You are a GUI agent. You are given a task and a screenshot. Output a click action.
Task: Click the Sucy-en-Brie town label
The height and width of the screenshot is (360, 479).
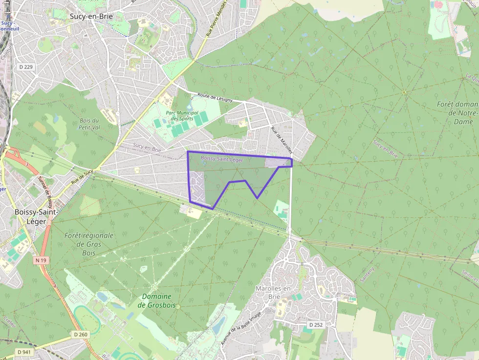[91, 16]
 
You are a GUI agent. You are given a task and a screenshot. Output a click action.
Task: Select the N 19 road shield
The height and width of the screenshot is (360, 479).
[41, 260]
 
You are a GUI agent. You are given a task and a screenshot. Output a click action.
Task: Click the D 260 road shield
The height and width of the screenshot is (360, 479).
[81, 335]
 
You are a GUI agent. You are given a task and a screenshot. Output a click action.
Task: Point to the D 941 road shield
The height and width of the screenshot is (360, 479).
[24, 352]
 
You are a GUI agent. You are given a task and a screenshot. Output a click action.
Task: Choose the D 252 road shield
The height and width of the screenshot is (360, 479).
[316, 324]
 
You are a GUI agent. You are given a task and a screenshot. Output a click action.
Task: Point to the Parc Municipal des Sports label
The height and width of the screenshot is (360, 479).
[182, 116]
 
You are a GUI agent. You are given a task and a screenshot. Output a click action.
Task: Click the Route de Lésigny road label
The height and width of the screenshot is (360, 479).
[215, 97]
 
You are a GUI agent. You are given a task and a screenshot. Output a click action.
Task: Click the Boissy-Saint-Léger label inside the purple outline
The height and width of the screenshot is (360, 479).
[221, 159]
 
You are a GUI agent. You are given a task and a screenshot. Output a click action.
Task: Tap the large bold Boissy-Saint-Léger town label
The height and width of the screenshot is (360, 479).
[36, 216]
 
